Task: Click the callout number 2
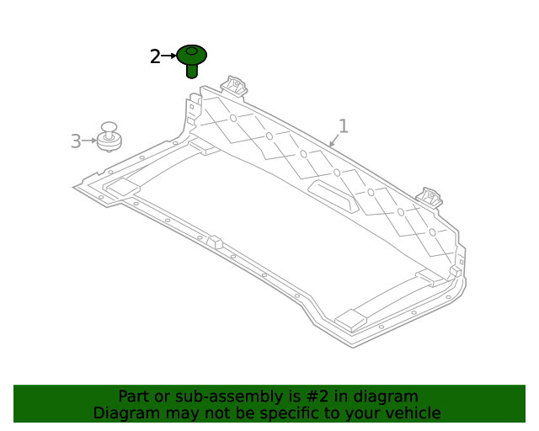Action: [155, 57]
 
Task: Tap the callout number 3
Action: [76, 141]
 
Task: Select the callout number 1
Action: [343, 126]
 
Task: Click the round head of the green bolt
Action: [192, 55]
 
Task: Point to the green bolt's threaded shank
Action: [192, 71]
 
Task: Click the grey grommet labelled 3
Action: [109, 136]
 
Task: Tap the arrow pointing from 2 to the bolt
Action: [168, 56]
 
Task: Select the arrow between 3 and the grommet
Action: [89, 141]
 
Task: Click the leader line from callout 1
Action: [334, 141]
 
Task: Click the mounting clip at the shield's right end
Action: [431, 198]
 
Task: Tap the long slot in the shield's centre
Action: [334, 195]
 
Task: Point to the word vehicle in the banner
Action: [412, 413]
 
